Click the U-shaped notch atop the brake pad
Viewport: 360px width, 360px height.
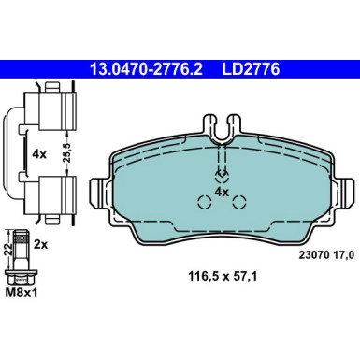coord(221,132)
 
